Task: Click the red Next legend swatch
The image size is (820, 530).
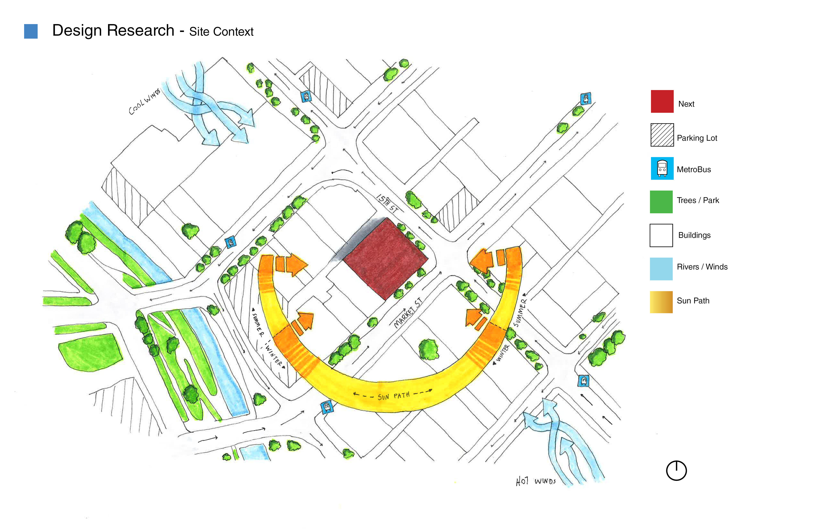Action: point(662,102)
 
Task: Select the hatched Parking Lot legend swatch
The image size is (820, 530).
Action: point(662,135)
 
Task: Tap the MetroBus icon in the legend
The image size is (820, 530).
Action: point(662,168)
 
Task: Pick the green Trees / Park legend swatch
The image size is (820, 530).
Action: point(661,202)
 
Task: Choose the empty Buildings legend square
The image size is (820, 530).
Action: point(661,235)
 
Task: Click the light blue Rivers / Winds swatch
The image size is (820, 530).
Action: point(661,269)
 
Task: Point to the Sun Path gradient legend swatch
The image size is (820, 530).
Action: point(661,302)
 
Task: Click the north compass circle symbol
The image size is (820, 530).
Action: point(676,470)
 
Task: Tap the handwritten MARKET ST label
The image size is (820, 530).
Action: point(408,313)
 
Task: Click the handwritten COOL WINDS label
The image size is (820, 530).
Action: point(144,102)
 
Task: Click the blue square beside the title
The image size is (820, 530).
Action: point(31,31)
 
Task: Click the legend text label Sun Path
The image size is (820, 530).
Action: point(693,301)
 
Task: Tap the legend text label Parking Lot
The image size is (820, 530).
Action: point(697,138)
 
